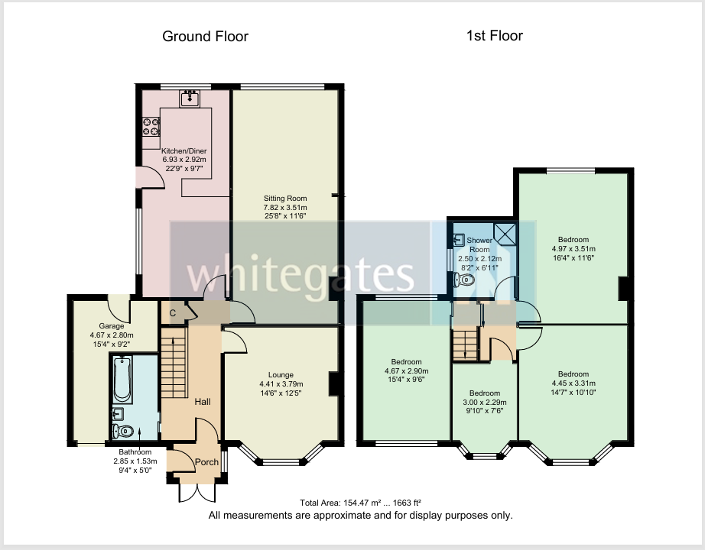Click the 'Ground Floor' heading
click(205, 37)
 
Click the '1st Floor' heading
click(494, 36)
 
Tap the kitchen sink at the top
click(189, 99)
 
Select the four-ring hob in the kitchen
click(150, 127)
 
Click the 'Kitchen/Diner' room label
click(184, 151)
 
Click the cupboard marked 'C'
click(173, 312)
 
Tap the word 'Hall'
click(203, 402)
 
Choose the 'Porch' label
click(207, 461)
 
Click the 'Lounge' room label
click(281, 375)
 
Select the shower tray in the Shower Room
click(503, 232)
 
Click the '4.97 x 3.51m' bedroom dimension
click(573, 249)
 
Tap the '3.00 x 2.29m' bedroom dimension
click(484, 403)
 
